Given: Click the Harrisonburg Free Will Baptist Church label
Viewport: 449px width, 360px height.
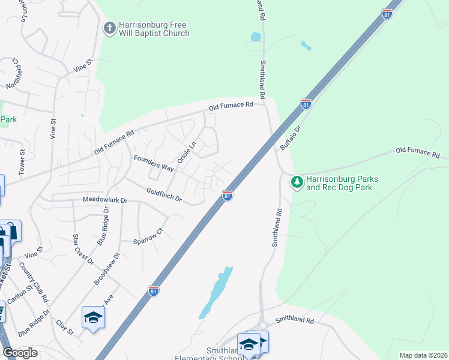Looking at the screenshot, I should [x=154, y=29].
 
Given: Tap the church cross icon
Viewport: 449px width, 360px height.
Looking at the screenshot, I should [x=109, y=28].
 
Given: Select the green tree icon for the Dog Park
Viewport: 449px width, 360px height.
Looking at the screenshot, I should [x=296, y=181].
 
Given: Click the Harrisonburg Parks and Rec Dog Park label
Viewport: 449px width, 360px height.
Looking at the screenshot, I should [x=339, y=183].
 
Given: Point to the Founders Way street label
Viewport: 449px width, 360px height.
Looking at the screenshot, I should [x=154, y=164].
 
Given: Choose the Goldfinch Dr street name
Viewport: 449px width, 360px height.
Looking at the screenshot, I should [x=164, y=194].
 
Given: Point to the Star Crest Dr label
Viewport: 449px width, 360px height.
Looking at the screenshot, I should [x=83, y=249].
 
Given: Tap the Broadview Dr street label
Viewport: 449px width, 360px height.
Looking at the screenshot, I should [x=108, y=267].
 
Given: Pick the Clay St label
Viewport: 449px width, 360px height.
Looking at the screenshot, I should [x=64, y=326].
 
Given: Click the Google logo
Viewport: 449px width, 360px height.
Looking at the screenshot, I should [x=20, y=353].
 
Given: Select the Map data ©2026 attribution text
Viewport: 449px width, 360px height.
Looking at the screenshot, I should [x=423, y=355].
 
